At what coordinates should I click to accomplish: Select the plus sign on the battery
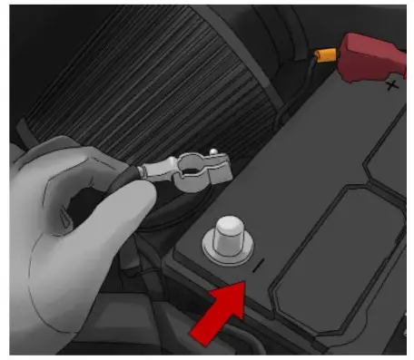coord(390,86)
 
